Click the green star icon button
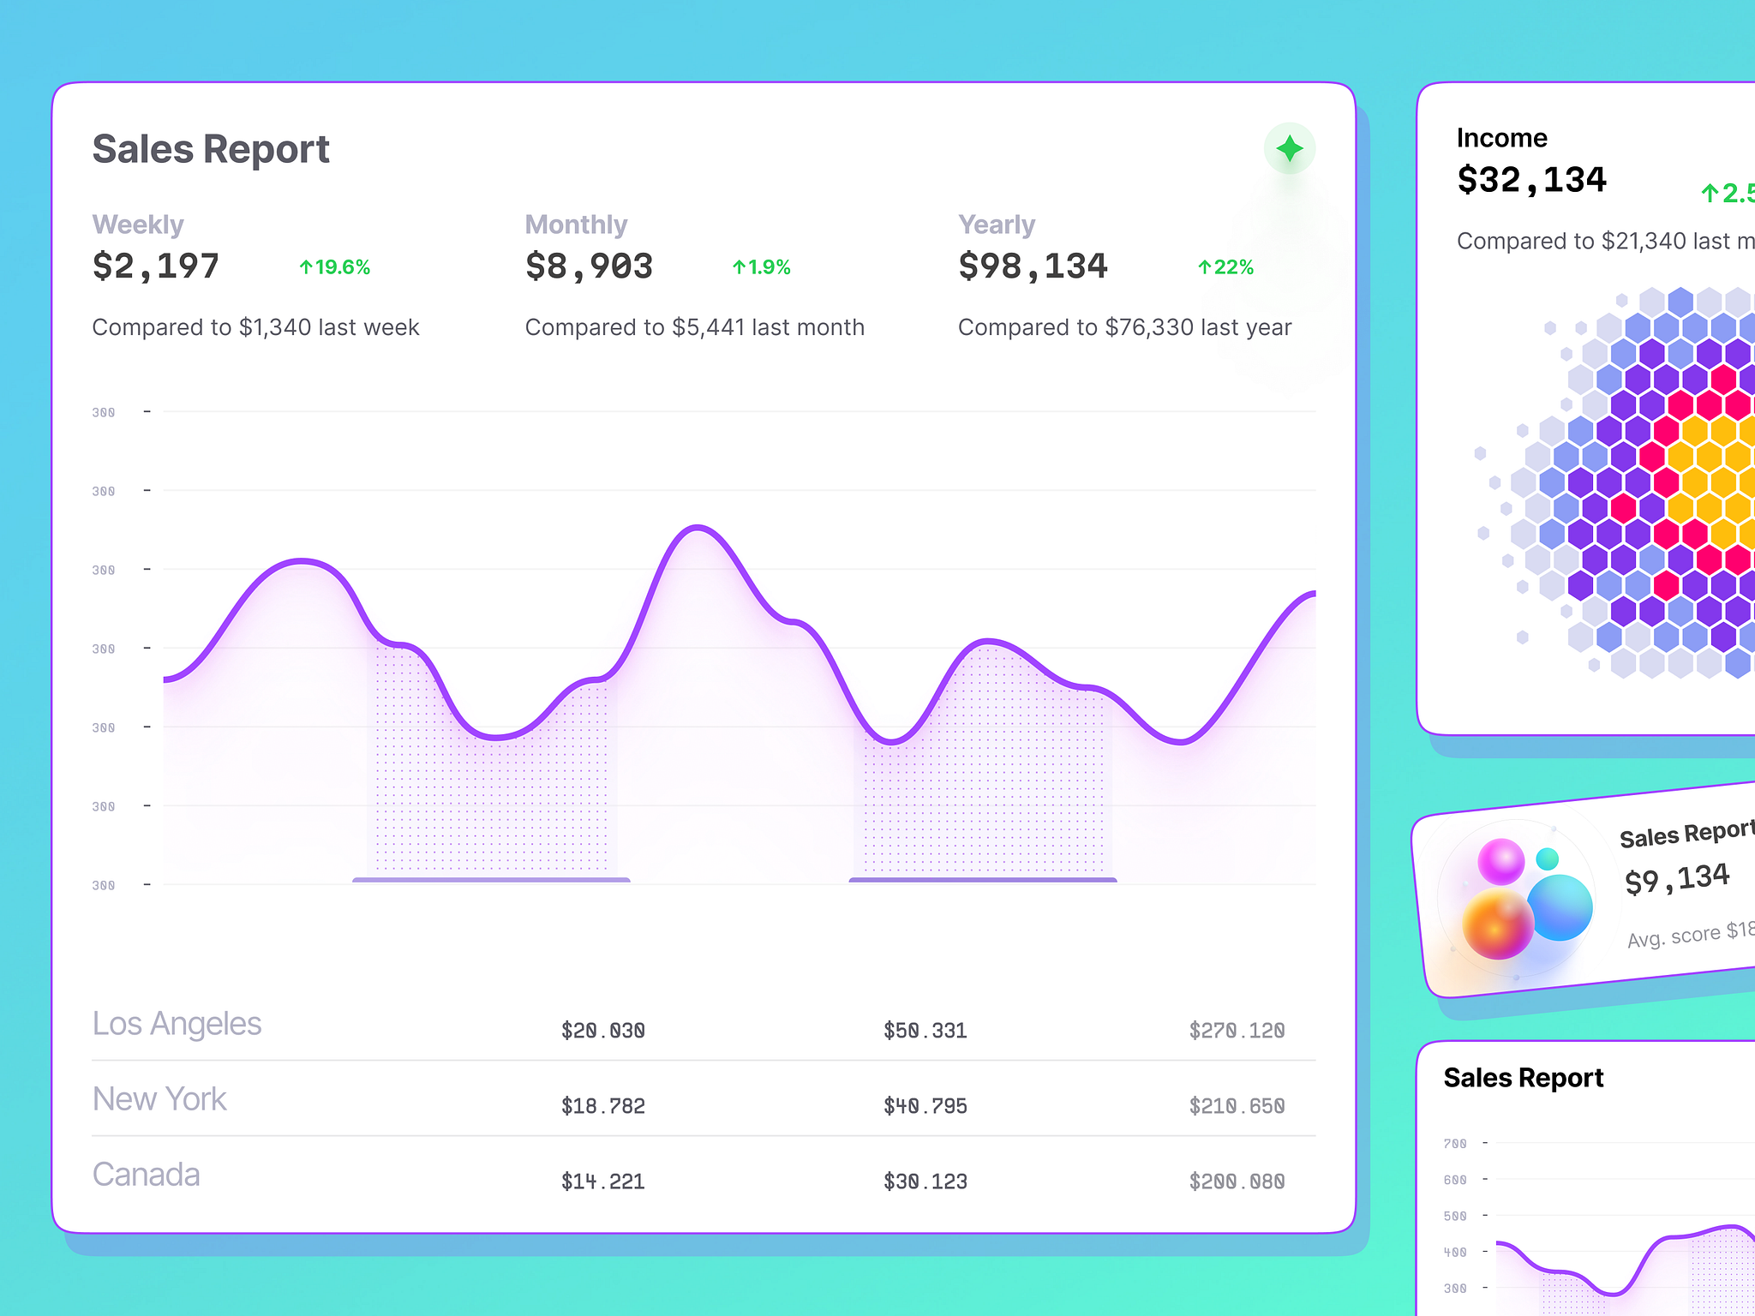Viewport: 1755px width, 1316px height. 1289,149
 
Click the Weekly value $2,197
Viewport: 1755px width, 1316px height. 156,266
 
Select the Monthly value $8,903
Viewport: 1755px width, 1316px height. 589,266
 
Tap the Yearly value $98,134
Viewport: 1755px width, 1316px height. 1033,266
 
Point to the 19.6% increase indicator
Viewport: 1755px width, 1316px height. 335,267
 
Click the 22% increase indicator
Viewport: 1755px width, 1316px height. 1225,267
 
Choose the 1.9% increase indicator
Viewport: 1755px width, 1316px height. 761,267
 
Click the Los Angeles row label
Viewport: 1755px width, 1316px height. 177,1024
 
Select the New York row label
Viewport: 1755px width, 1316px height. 159,1099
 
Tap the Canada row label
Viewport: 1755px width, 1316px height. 146,1175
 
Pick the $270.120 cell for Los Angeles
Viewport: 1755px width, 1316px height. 1237,1031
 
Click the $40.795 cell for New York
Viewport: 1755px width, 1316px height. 925,1106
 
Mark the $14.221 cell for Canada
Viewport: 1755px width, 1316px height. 602,1181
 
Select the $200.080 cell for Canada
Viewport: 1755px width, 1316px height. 1237,1181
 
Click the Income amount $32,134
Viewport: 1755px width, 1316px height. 1531,180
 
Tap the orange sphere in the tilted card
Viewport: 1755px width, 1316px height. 1498,924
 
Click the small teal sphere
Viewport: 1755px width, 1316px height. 1547,858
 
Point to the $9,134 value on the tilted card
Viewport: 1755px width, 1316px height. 1677,878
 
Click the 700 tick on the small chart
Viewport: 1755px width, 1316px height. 1455,1144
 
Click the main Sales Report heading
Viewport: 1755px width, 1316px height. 211,149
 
